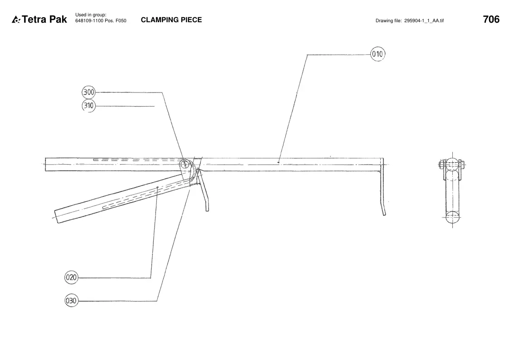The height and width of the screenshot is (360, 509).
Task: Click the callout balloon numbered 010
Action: tap(378, 54)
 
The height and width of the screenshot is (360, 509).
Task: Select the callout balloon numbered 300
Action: tap(89, 92)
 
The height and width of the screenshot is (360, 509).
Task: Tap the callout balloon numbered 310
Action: tap(89, 106)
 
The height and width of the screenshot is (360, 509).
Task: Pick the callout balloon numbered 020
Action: tap(71, 277)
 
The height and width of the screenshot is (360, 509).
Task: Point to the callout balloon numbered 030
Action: tap(71, 301)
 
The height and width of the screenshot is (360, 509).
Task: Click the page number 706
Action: tap(491, 19)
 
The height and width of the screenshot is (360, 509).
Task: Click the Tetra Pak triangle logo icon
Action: tap(16, 20)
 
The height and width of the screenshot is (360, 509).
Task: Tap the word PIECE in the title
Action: tap(191, 20)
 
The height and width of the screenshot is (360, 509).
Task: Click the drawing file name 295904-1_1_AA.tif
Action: tap(424, 21)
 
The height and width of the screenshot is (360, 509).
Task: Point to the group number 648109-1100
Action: tap(89, 21)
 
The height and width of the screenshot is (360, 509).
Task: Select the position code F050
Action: tap(121, 21)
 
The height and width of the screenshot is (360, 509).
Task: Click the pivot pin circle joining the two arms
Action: tap(185, 164)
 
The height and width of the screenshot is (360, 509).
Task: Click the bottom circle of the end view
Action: tap(452, 217)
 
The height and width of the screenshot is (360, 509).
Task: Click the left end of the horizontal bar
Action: tap(45, 164)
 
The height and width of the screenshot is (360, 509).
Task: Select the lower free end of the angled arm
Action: tap(57, 217)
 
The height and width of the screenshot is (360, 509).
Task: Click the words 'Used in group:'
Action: tap(91, 15)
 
